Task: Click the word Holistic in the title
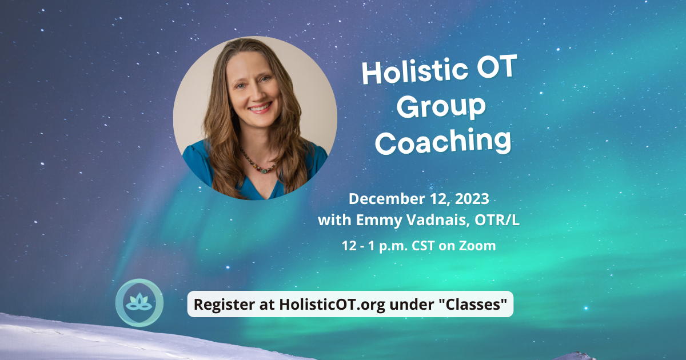[x=415, y=71]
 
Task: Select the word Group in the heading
[x=441, y=107]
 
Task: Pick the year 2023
[x=472, y=199]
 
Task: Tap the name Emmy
[x=379, y=221]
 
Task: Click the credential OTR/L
[x=497, y=220]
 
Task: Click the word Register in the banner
[x=225, y=305]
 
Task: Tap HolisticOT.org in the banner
[x=332, y=304]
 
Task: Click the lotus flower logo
[x=139, y=303]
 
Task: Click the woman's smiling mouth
[x=260, y=108]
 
